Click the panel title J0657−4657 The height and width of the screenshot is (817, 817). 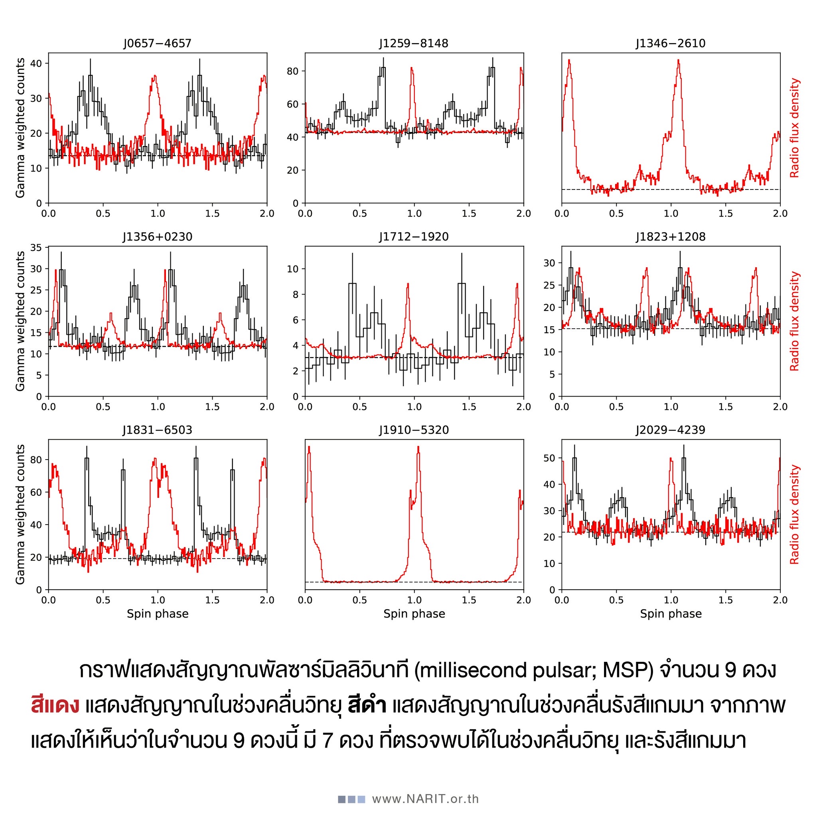[157, 43]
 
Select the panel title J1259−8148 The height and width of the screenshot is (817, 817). [414, 43]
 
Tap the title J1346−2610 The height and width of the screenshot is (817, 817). [671, 43]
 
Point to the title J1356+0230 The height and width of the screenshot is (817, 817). [157, 237]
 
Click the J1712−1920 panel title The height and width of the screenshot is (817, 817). [414, 237]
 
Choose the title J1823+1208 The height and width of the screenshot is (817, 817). [671, 237]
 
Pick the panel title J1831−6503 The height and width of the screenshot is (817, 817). [157, 430]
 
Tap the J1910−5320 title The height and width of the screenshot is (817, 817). [414, 430]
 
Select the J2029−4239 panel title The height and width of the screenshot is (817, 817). [671, 430]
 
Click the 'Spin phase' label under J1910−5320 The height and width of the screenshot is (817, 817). [414, 614]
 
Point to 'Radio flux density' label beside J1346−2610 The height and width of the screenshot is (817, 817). [795, 128]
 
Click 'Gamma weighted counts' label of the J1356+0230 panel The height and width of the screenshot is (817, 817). [20, 322]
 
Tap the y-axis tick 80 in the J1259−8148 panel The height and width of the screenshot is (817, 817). [293, 71]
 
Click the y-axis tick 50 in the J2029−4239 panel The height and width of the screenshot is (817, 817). [549, 458]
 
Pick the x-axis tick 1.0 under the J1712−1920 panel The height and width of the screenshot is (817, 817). [414, 407]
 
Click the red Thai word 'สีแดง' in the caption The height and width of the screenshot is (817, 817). [55, 706]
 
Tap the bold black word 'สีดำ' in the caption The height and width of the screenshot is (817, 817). [367, 706]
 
